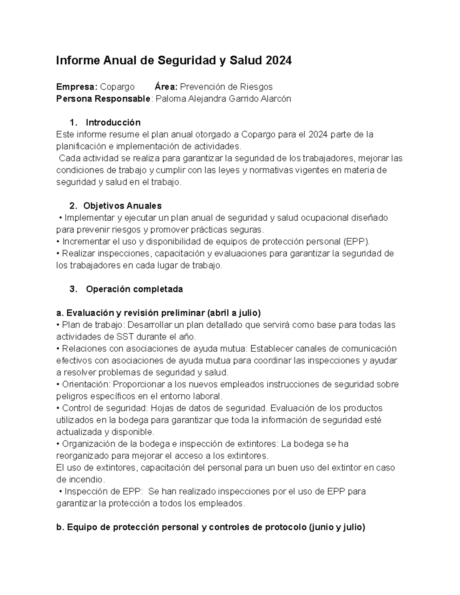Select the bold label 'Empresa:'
click(77, 87)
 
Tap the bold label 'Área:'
click(166, 87)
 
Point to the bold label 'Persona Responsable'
click(103, 99)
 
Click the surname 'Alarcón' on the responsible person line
click(276, 99)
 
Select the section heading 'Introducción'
click(113, 123)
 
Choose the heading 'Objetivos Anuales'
click(122, 206)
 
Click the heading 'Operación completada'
click(134, 289)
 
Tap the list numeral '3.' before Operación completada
click(74, 289)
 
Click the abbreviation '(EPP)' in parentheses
click(357, 242)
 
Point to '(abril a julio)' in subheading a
click(234, 313)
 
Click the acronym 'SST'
click(125, 337)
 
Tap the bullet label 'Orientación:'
click(86, 384)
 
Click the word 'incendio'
click(85, 480)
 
